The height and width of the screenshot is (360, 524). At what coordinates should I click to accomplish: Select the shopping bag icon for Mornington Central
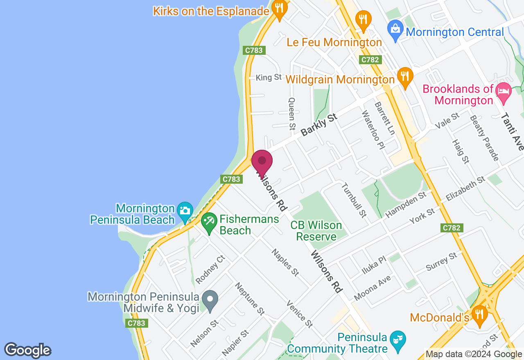click(395, 29)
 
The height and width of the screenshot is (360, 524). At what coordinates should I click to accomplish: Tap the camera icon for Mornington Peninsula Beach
click(185, 211)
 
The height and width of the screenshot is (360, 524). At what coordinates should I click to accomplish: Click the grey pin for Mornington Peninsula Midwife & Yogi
click(210, 299)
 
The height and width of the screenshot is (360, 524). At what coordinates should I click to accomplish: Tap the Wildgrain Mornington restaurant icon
click(404, 76)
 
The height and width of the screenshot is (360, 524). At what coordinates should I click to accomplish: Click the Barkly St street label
click(319, 125)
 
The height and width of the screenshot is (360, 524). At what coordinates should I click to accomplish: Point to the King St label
click(269, 77)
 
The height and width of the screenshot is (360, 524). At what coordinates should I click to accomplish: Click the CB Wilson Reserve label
click(316, 231)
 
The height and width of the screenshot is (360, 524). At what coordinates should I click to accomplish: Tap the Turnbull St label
click(354, 200)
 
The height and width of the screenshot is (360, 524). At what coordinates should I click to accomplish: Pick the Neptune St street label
click(250, 299)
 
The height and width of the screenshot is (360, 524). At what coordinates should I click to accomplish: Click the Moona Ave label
click(372, 288)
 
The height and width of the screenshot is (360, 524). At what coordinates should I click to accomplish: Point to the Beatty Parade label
click(484, 137)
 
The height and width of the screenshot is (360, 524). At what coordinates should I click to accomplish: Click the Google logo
click(27, 350)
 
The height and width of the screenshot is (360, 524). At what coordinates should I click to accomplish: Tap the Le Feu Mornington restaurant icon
click(363, 19)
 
